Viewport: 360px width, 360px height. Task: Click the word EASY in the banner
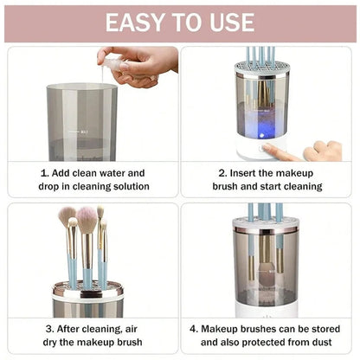tap(137, 22)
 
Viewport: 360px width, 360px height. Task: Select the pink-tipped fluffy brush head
tap(87, 220)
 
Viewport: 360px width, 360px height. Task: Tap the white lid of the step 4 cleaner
tap(266, 223)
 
